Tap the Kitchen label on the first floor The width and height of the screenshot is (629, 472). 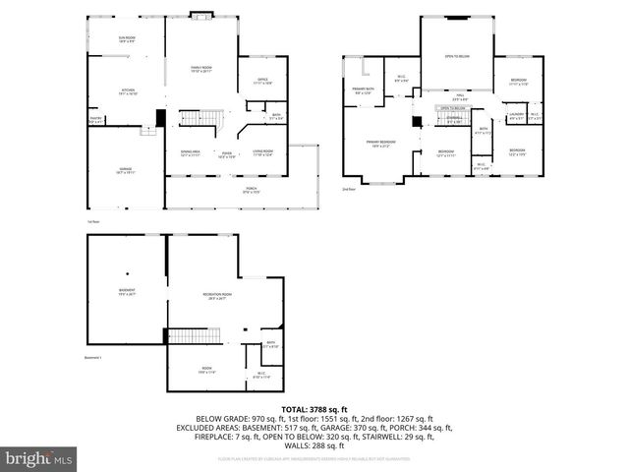point(127,90)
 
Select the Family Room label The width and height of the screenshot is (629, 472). point(201,69)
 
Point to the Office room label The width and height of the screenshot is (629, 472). point(262,81)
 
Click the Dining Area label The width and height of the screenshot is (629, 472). point(190,152)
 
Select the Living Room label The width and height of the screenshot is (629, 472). point(261,152)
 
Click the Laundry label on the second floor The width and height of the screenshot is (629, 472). point(516,117)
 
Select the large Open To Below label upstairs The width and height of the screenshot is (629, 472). point(456,56)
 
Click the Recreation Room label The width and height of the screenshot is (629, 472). point(217,296)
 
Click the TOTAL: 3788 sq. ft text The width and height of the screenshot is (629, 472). point(314,408)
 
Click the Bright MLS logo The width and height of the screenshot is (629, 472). point(39,458)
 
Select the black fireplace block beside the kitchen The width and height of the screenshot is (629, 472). point(160,117)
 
